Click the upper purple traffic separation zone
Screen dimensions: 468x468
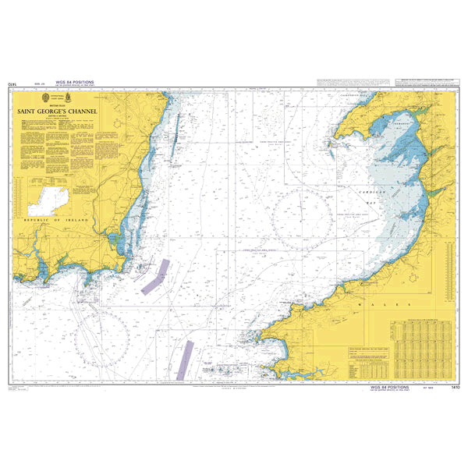tap(156, 275)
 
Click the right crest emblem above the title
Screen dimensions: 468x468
tap(69, 98)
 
